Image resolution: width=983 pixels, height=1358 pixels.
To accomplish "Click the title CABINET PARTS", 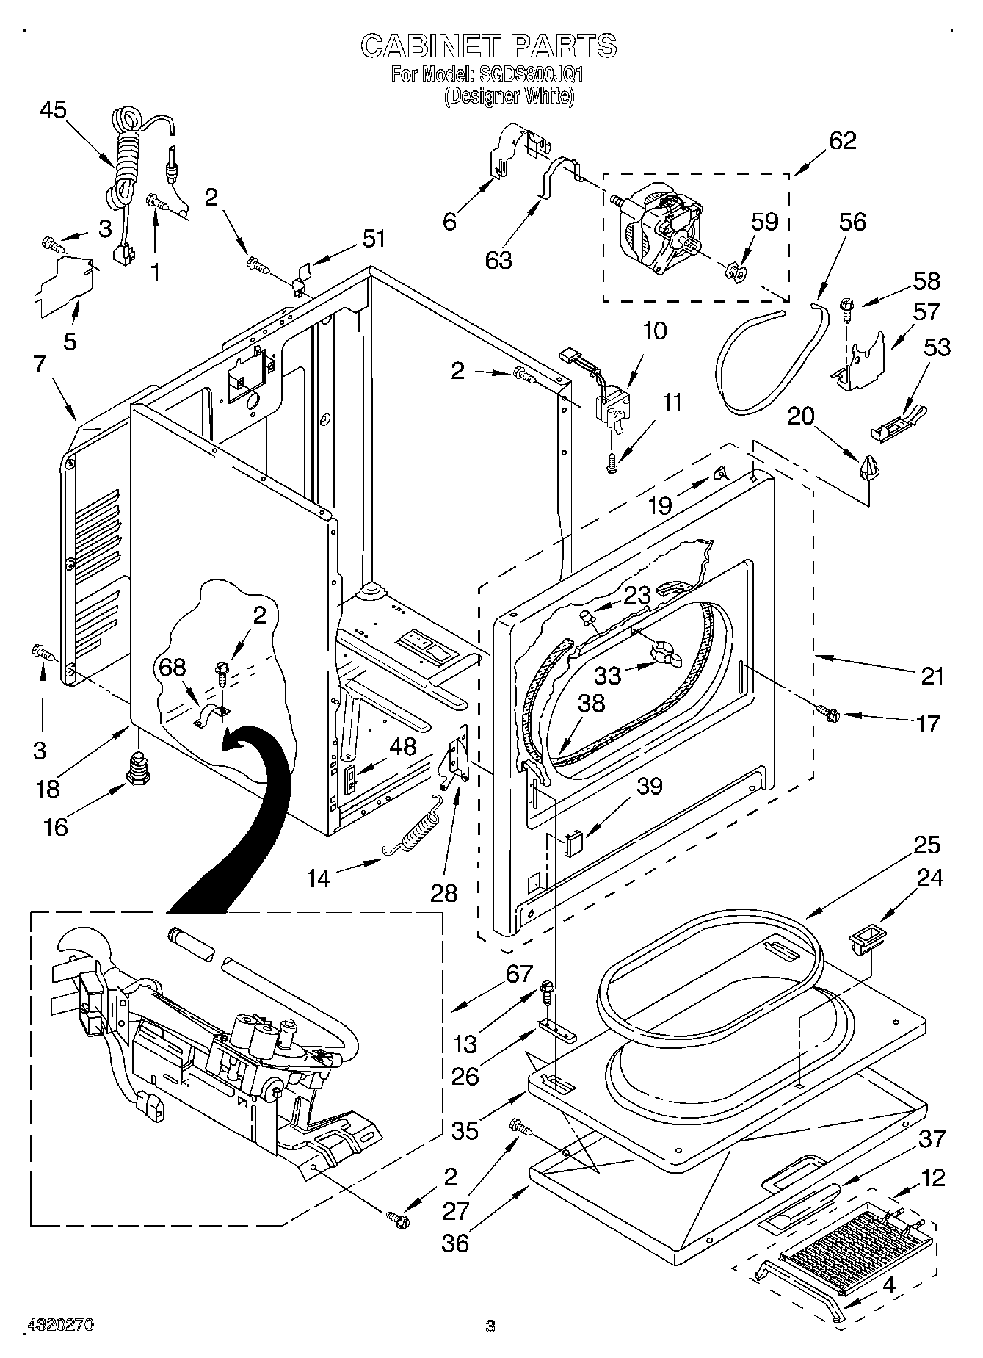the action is [488, 46].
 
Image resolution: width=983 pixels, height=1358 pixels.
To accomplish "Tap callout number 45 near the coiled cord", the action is [52, 110].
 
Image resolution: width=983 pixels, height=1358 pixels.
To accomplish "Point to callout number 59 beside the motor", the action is [764, 222].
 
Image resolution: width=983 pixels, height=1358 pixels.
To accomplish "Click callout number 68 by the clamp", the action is [173, 668].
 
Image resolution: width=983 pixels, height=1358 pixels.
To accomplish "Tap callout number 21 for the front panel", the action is [932, 676].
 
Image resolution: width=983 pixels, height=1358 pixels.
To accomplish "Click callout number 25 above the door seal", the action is [927, 845].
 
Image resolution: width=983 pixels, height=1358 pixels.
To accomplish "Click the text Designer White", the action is [509, 95].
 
